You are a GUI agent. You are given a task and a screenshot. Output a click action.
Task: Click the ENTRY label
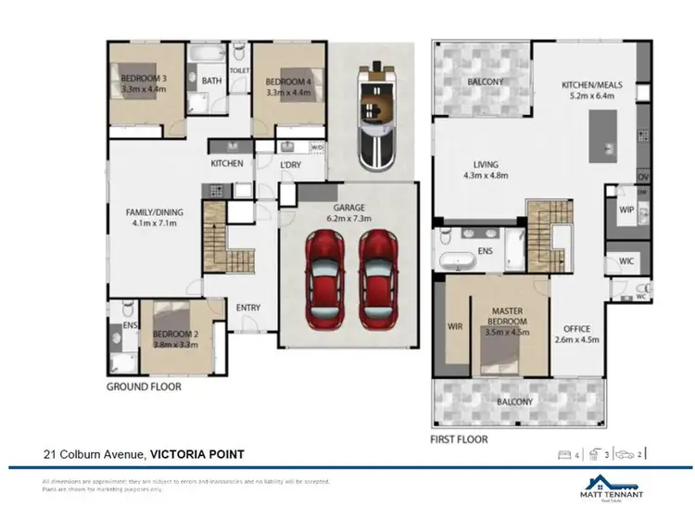coord(247,308)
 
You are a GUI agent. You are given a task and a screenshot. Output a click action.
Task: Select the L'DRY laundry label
coord(292,164)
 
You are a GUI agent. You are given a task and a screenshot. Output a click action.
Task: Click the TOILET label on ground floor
coord(239,70)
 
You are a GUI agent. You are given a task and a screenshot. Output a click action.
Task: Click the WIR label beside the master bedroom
coord(454,326)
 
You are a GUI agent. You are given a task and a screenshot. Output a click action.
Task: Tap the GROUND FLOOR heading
coord(144,387)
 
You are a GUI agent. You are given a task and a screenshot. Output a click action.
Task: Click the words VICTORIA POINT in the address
coord(198,454)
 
